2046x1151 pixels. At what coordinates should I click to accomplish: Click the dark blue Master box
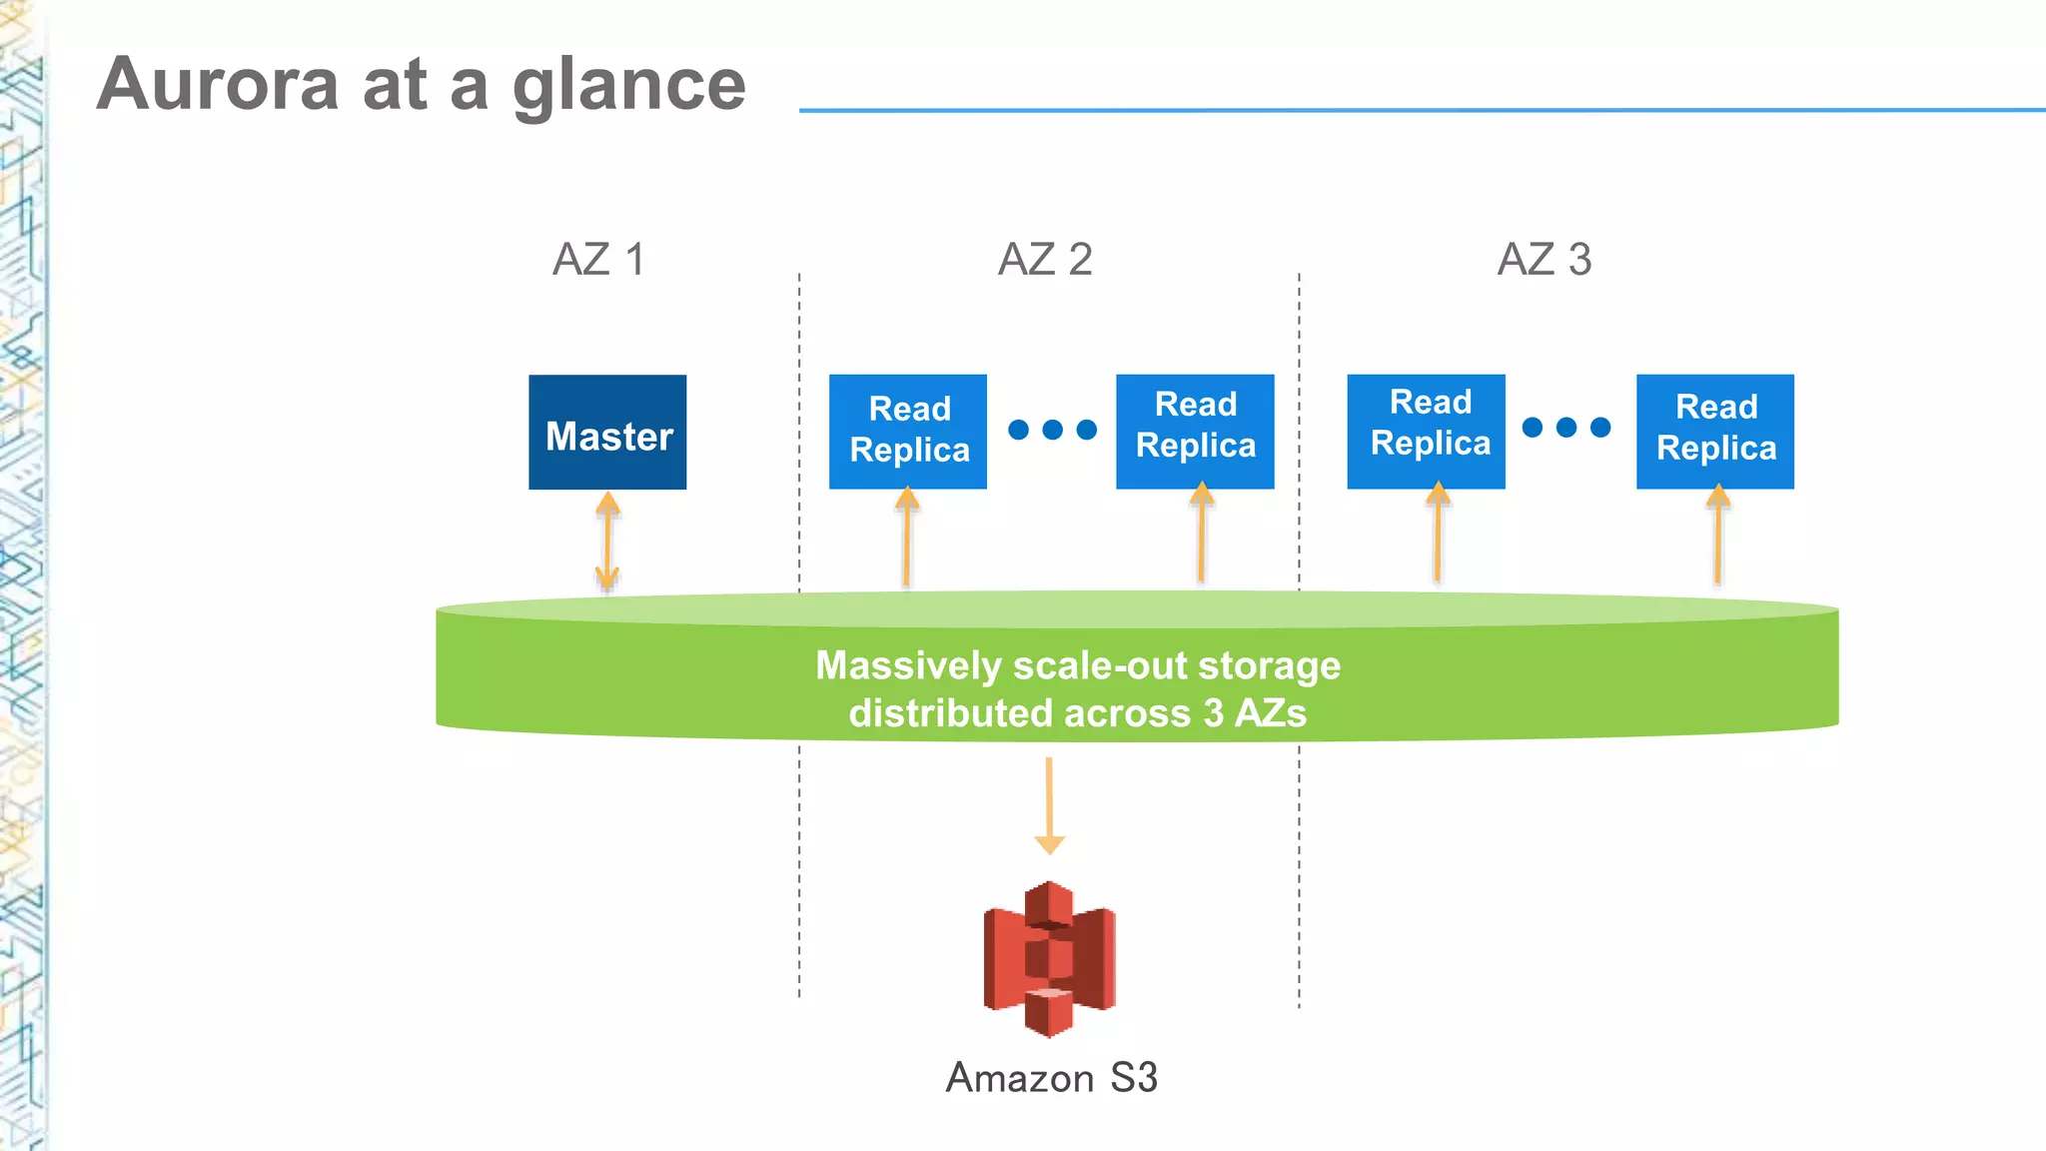[x=607, y=433]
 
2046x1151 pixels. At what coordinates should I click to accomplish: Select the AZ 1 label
[x=598, y=260]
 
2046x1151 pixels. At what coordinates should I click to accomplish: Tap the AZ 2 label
[x=1045, y=260]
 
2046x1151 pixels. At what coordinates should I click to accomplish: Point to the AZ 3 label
[x=1544, y=260]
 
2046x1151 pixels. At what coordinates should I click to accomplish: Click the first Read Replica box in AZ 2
[x=908, y=431]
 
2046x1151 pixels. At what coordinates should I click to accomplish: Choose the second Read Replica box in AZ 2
[x=1195, y=431]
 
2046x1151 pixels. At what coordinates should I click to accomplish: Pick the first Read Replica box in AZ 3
[x=1426, y=431]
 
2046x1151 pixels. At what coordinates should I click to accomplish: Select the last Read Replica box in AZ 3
[x=1715, y=431]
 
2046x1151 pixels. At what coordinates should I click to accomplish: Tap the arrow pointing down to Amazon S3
[x=1049, y=805]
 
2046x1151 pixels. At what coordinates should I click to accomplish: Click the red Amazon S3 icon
[x=1049, y=959]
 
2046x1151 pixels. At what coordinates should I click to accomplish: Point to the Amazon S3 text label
[x=1052, y=1078]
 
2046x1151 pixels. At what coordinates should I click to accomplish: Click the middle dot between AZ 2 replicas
[x=1052, y=430]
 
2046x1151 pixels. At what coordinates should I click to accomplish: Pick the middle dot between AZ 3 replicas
[x=1566, y=428]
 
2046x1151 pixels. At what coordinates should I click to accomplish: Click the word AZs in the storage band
[x=1271, y=713]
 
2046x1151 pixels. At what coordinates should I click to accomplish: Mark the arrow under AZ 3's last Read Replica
[x=1717, y=536]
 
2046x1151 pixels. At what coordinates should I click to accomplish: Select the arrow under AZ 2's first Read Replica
[x=907, y=538]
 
